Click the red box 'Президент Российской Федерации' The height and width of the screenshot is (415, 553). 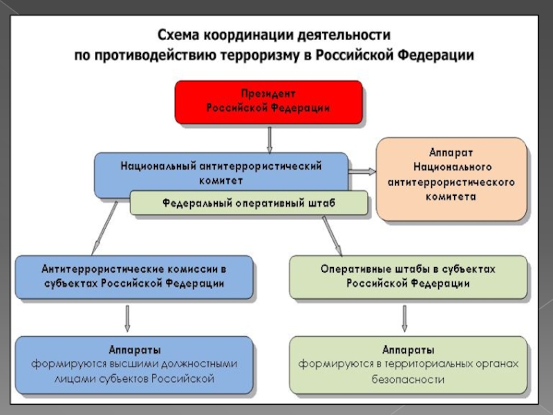pos(268,101)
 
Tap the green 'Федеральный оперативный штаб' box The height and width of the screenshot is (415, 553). pos(249,203)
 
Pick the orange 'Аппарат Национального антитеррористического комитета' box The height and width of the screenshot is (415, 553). pos(451,178)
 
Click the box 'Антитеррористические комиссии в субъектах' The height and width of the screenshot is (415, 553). pos(134,276)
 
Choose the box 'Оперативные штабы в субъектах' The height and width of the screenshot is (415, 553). pos(408,276)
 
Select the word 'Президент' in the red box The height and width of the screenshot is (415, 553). pos(268,93)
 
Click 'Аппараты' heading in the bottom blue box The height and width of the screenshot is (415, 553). pos(134,349)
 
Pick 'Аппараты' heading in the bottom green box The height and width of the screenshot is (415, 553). pos(408,349)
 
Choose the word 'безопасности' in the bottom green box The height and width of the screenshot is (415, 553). pos(408,380)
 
